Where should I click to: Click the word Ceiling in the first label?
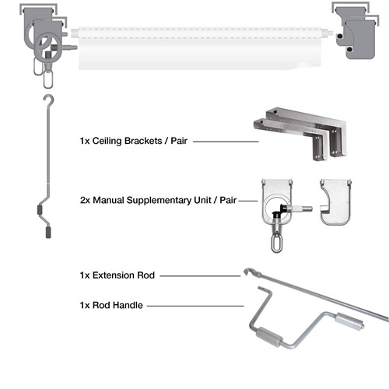tap(107, 141)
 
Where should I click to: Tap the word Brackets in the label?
tap(143, 141)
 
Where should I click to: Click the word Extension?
tap(113, 275)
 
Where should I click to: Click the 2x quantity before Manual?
tap(85, 200)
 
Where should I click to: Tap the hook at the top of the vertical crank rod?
tap(50, 100)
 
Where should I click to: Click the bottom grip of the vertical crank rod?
tap(48, 233)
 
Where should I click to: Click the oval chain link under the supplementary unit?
tap(276, 243)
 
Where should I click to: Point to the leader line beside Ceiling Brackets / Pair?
tap(226, 142)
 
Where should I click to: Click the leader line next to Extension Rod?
tap(200, 276)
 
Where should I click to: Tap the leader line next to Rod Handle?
tap(195, 306)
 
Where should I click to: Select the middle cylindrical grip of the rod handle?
tap(269, 336)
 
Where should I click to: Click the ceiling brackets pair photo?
tap(300, 133)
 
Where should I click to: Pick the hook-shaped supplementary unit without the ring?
tap(335, 202)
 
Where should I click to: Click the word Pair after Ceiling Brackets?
tap(179, 141)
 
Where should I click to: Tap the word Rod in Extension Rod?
tap(145, 275)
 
